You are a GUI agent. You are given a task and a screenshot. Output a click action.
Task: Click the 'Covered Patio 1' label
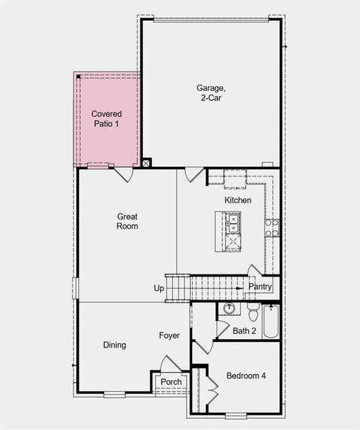[106, 119]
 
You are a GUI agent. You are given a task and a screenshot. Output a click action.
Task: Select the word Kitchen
[237, 200]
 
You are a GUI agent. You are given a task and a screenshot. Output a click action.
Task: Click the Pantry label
[260, 287]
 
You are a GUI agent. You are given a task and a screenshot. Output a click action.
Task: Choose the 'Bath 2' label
[245, 330]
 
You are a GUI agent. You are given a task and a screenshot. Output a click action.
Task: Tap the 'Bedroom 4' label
[245, 376]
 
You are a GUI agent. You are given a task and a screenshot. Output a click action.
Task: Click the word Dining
[115, 345]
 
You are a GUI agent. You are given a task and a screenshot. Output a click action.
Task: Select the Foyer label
[169, 335]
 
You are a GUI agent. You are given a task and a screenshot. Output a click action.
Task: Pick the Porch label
[171, 382]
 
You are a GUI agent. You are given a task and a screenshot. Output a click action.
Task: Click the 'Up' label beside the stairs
[158, 288]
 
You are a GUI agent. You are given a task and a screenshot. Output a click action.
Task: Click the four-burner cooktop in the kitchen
[272, 228]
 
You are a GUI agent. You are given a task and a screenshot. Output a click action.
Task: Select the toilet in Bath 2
[252, 312]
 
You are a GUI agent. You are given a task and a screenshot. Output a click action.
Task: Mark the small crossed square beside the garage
[146, 163]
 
